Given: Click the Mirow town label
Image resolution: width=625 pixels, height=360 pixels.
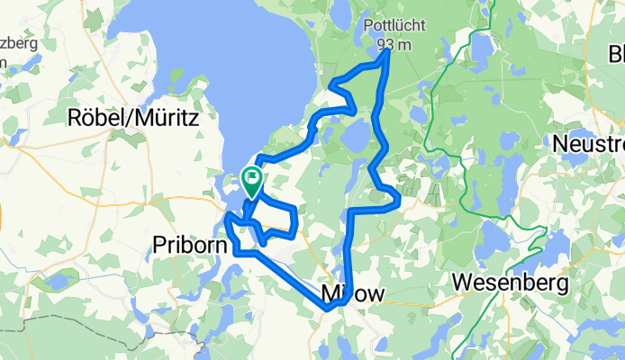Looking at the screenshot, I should [x=352, y=292].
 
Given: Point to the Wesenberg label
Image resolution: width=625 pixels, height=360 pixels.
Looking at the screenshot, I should [x=512, y=283].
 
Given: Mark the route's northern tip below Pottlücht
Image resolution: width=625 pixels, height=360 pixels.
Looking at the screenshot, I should [x=387, y=52].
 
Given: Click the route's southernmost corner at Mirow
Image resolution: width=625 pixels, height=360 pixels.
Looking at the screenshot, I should [x=330, y=309].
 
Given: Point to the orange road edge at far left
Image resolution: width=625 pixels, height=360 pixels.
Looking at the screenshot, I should [x=2, y=216].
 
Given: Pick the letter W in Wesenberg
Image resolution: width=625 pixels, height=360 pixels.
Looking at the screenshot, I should [x=460, y=283].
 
